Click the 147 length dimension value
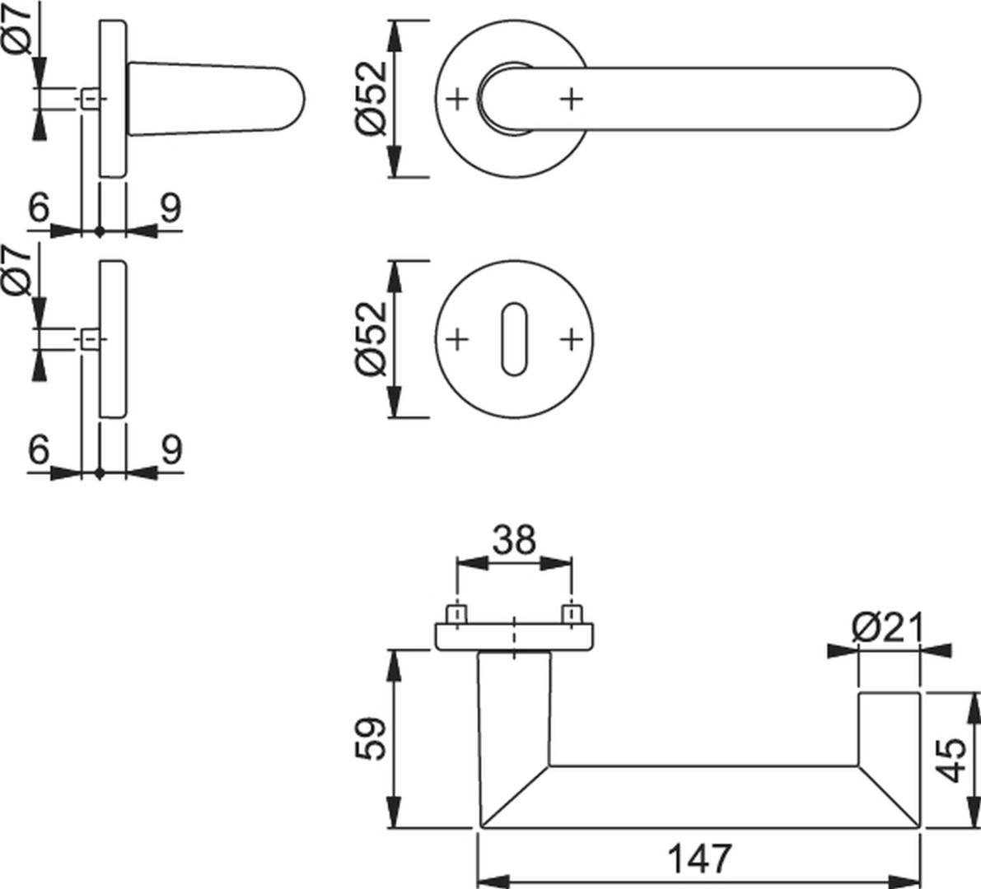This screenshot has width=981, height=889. pos(699,859)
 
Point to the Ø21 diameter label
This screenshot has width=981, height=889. pos(886,629)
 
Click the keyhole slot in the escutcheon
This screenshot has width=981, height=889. pos(514,339)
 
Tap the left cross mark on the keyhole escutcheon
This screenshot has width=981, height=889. pos(457,339)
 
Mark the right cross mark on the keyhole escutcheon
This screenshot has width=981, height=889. pos(571,339)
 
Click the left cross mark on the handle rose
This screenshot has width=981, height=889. pos(457,99)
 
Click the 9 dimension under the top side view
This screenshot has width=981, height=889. pos(171,207)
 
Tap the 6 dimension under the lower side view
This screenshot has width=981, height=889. pos(39,449)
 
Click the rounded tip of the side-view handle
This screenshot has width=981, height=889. pos(299,100)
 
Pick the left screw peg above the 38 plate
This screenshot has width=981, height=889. pos(456,614)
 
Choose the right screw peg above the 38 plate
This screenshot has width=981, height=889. pos(571,614)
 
